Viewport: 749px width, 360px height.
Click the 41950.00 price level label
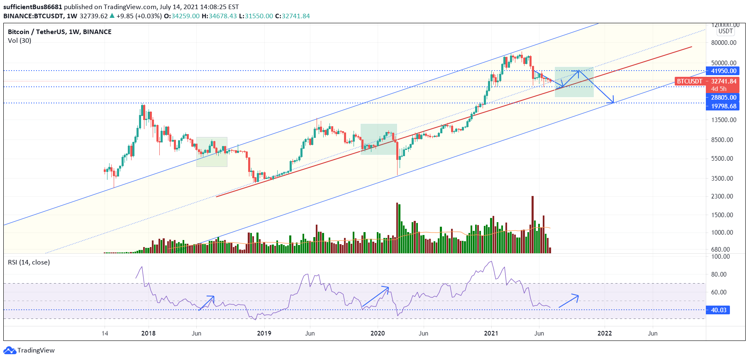(723, 71)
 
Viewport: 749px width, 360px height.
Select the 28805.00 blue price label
(723, 98)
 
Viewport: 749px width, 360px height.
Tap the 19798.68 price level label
(723, 106)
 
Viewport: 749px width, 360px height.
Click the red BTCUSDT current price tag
(706, 81)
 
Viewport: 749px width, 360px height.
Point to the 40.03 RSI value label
(718, 310)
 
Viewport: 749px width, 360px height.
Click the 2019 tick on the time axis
(264, 333)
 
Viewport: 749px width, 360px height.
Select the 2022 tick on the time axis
(604, 333)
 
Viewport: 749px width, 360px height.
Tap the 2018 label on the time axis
(148, 333)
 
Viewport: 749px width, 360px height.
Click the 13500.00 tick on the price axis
(723, 120)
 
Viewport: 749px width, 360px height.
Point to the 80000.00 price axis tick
(723, 43)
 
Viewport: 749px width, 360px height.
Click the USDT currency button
(725, 31)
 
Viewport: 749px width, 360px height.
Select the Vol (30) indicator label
(20, 41)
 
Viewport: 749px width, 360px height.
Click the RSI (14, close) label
(29, 262)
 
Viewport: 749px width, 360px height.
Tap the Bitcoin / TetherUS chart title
(59, 32)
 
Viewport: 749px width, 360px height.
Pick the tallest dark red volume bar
(532, 224)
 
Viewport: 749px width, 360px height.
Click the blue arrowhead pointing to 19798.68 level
(612, 102)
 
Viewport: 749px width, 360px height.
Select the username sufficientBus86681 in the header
(33, 7)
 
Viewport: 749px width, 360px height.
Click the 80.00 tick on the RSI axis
(719, 274)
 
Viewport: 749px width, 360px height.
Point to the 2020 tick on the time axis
(377, 333)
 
